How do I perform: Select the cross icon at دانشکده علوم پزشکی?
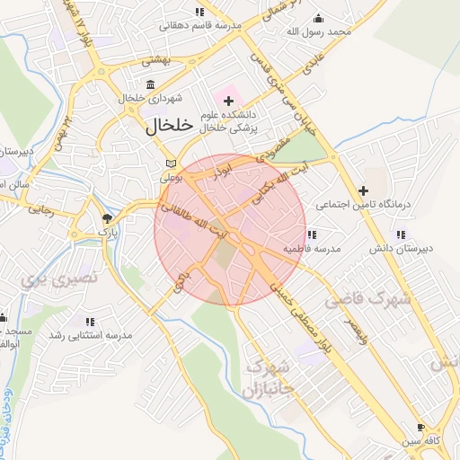point(228,101)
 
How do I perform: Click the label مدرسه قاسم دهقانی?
point(200,26)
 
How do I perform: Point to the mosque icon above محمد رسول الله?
point(317,18)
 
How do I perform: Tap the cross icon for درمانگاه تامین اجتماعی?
point(363,190)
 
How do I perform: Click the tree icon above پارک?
point(107,218)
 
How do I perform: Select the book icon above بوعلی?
point(171,164)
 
